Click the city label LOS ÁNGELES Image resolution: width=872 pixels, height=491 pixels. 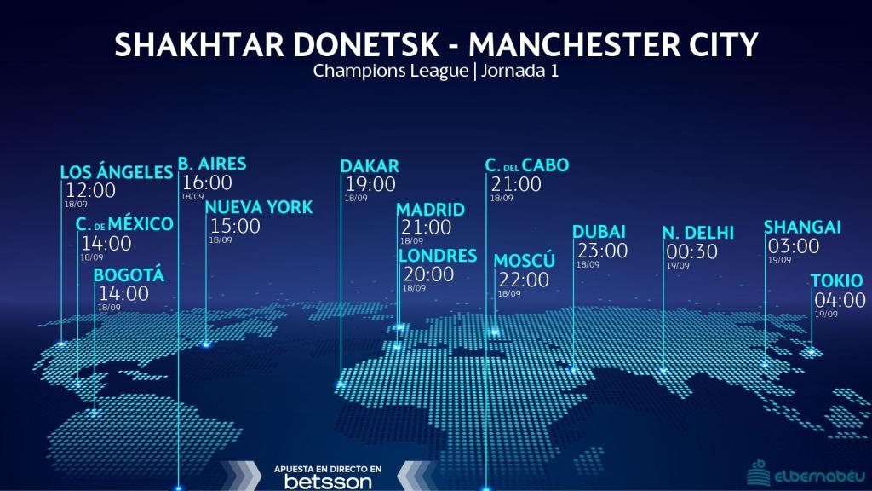pyautogui.click(x=117, y=172)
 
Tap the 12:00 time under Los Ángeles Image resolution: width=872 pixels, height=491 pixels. pyautogui.click(x=90, y=191)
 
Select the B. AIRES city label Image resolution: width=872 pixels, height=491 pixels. pyautogui.click(x=212, y=163)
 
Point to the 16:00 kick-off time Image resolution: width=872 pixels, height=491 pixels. pyautogui.click(x=207, y=182)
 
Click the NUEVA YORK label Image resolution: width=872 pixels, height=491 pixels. pyautogui.click(x=259, y=207)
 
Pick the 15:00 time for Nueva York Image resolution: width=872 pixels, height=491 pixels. pyautogui.click(x=235, y=226)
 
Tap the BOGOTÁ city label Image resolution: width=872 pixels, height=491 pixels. pyautogui.click(x=129, y=275)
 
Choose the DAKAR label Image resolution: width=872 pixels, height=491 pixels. pyautogui.click(x=370, y=165)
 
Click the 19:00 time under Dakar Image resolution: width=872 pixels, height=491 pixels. pyautogui.click(x=370, y=184)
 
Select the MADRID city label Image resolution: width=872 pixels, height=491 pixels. pyautogui.click(x=431, y=210)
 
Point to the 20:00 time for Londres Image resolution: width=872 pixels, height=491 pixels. pyautogui.click(x=428, y=274)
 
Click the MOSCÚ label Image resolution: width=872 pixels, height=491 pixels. pyautogui.click(x=525, y=260)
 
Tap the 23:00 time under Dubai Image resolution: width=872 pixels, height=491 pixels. pyautogui.click(x=602, y=251)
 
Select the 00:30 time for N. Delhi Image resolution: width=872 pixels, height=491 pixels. pyautogui.click(x=691, y=251)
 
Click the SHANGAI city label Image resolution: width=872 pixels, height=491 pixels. pyautogui.click(x=802, y=227)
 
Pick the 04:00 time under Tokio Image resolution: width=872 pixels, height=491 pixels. pyautogui.click(x=840, y=300)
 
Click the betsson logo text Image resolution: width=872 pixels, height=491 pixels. pyautogui.click(x=328, y=482)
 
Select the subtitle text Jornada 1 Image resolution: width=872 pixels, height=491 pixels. pyautogui.click(x=519, y=71)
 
